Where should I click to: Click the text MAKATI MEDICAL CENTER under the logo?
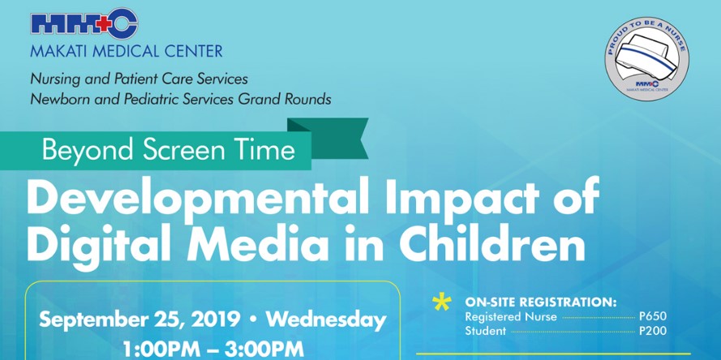[126, 52]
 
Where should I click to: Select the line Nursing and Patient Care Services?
[138, 79]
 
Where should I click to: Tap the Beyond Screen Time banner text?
[169, 151]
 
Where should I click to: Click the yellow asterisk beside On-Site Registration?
[441, 303]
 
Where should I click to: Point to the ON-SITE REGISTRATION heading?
[541, 301]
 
